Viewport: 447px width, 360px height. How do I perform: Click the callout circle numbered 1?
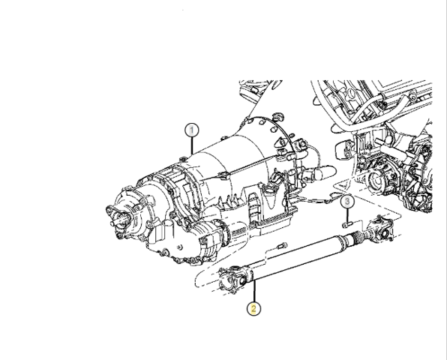click(x=191, y=130)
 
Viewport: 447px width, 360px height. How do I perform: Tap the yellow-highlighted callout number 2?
click(x=253, y=308)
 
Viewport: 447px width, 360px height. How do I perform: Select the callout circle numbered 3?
click(x=347, y=202)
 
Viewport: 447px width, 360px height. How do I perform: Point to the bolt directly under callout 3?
click(x=348, y=224)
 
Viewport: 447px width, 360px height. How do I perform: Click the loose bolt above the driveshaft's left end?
click(x=283, y=246)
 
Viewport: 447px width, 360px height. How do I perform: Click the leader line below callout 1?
click(x=192, y=146)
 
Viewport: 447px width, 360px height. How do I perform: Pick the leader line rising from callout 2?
click(x=254, y=291)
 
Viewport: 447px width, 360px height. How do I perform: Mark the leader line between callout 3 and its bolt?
click(x=347, y=215)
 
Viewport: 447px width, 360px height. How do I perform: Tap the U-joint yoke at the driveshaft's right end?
click(x=381, y=229)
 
